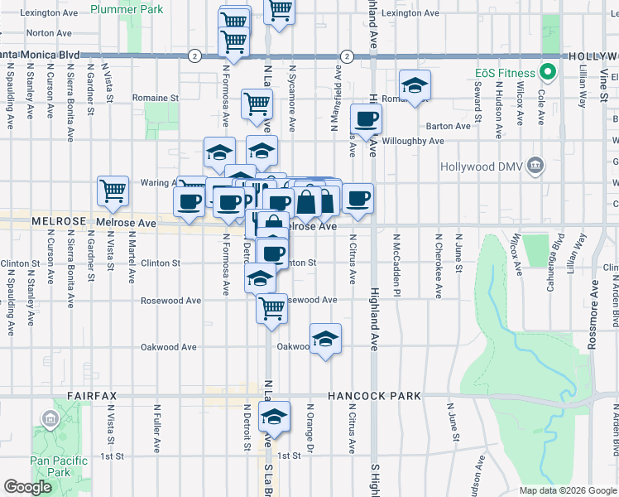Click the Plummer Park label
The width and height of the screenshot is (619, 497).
[x=127, y=9]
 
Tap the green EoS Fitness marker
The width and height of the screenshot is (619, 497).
[x=545, y=72]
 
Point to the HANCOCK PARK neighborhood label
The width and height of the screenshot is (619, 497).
[x=375, y=397]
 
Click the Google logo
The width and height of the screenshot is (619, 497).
[x=27, y=487]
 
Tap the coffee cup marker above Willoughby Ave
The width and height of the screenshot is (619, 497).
[x=366, y=118]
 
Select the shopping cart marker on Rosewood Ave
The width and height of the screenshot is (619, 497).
[x=272, y=308]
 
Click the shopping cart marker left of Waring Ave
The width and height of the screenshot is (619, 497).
[x=113, y=191]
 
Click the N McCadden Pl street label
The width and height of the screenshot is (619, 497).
[x=396, y=266]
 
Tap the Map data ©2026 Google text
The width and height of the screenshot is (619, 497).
[x=567, y=490]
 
